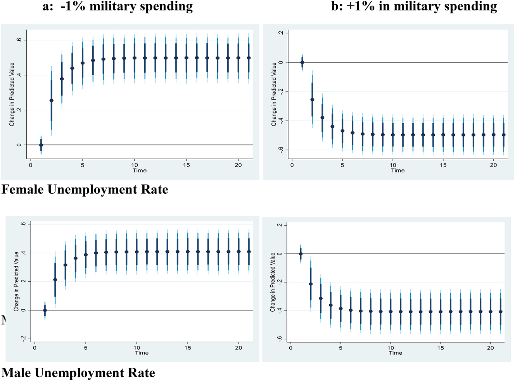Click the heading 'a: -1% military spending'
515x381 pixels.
point(118,7)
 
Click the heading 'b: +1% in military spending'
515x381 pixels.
point(414,7)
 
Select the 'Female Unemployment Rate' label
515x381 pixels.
point(85,190)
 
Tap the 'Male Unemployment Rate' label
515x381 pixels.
point(78,373)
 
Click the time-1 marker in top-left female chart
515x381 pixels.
point(41,145)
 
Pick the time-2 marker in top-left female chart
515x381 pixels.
point(52,100)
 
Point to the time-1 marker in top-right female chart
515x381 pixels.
point(302,62)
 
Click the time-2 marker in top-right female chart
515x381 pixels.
point(312,100)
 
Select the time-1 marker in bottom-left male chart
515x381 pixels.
point(45,310)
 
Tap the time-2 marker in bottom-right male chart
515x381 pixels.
point(311,284)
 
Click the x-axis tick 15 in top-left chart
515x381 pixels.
point(187,165)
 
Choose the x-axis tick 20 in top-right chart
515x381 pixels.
point(493,165)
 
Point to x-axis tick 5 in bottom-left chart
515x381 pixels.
point(86,348)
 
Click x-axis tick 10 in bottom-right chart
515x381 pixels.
point(391,348)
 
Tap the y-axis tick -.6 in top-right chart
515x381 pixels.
point(280,150)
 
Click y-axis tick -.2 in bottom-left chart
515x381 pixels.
point(24,339)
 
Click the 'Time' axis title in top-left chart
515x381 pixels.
point(140,171)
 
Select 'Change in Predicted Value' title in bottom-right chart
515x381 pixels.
point(273,282)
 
